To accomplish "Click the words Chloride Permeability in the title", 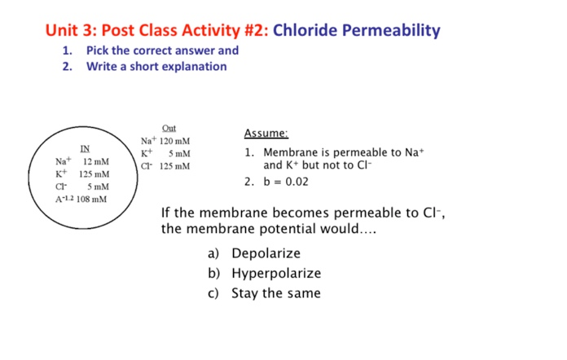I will [356, 31].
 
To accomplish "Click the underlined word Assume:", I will [266, 134].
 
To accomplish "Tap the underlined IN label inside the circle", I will [84, 148].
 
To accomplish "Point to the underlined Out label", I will [169, 128].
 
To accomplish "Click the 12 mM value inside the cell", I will [96, 161].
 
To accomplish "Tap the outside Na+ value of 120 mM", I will [174, 141].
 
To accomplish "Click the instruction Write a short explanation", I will [156, 66].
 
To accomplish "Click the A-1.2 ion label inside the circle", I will [64, 199].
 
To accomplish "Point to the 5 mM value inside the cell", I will [98, 187].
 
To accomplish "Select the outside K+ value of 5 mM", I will [179, 153].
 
